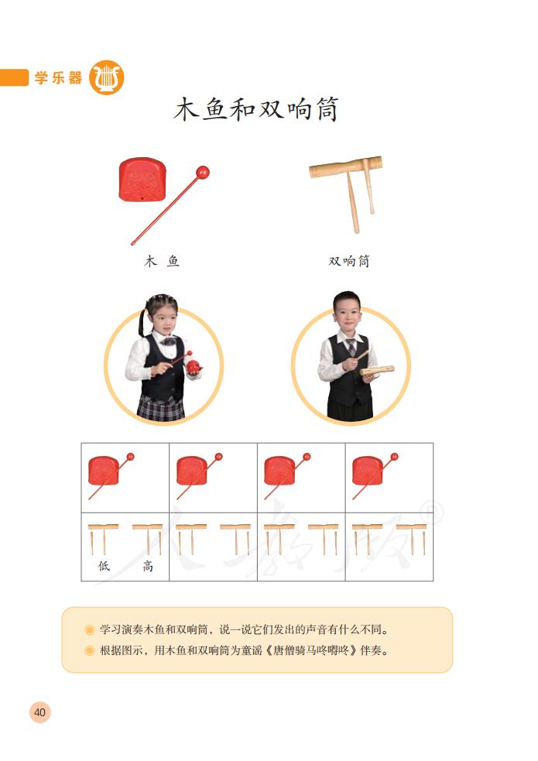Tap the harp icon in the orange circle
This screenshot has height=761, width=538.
pos(106,77)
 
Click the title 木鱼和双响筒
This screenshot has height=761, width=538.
pos(255,110)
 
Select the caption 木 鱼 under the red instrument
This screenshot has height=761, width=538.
pos(162,262)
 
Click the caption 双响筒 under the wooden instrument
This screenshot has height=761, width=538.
pos(349,262)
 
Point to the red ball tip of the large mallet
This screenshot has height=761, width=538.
pos(203,172)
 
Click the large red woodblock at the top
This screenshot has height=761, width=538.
pos(142,181)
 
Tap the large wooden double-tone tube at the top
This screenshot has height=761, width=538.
pos(346,167)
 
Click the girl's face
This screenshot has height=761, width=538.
pos(162,319)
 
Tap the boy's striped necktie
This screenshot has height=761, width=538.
pos(351,346)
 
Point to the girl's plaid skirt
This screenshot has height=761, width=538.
pos(161,408)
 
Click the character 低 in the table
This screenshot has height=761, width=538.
pos(104,566)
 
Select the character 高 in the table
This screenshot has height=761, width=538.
pos(147,566)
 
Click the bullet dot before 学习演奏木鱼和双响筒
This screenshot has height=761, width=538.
pos(90,629)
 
